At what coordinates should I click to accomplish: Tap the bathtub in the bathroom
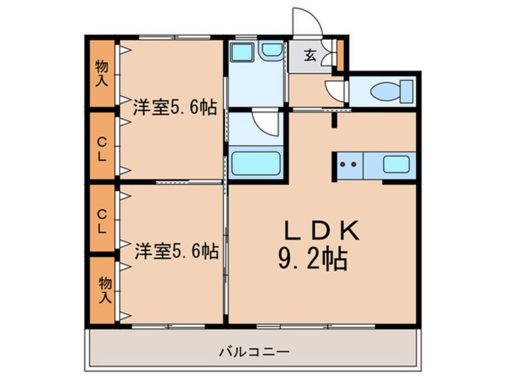[x=256, y=163]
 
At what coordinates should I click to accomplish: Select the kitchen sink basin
[x=397, y=164]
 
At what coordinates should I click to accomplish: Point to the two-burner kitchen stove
[x=349, y=165]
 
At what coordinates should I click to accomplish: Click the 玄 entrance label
[x=310, y=56]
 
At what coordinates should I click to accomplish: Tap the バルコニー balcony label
[x=255, y=351]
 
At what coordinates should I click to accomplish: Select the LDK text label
[x=321, y=230]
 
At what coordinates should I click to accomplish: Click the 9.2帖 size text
[x=312, y=259]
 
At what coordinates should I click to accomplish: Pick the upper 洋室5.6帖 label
[x=175, y=108]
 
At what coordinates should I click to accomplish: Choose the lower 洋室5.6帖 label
[x=176, y=251]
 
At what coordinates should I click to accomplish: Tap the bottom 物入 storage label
[x=105, y=290]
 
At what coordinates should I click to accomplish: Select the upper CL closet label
[x=102, y=149]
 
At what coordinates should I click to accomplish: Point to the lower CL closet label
[x=102, y=221]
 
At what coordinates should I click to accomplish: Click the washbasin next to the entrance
[x=272, y=51]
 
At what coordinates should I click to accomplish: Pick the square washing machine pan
[x=242, y=52]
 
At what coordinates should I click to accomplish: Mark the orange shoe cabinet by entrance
[x=340, y=55]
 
